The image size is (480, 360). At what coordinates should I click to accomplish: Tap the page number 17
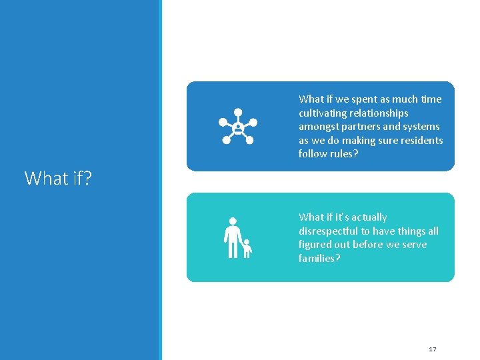click(432, 349)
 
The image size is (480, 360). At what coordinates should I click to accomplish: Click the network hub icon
click(238, 126)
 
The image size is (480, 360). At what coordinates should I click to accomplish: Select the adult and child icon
click(237, 238)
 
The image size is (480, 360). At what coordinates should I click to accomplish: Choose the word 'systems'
click(422, 127)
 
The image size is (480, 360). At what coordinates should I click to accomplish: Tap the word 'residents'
click(423, 140)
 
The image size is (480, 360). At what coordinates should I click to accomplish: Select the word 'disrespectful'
click(328, 231)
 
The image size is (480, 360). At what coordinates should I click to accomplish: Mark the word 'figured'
click(315, 245)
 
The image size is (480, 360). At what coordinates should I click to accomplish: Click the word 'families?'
click(319, 259)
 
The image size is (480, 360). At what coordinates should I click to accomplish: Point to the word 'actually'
click(369, 217)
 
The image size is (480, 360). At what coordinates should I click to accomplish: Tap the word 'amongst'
click(317, 127)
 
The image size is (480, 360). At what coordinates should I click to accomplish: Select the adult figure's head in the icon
click(232, 221)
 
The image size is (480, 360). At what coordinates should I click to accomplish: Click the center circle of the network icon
click(238, 126)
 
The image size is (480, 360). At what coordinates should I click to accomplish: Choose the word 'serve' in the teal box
click(413, 245)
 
